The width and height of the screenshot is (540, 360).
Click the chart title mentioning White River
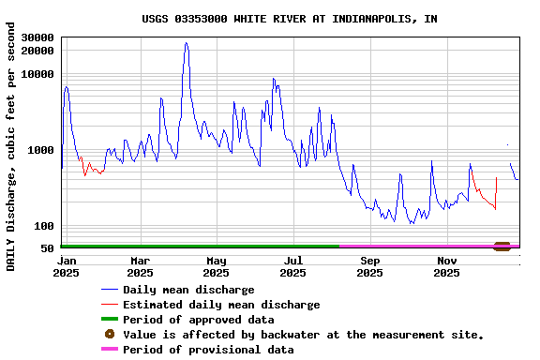[x=289, y=19]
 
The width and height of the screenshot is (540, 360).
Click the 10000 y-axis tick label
[x=37, y=74]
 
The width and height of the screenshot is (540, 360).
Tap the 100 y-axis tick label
[x=44, y=226]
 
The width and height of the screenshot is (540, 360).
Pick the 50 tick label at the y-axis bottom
[x=47, y=248]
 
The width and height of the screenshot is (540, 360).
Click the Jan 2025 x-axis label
[x=67, y=266]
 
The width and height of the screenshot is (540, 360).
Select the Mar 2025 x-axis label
[x=141, y=266]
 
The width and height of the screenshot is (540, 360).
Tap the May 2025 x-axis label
[x=217, y=266]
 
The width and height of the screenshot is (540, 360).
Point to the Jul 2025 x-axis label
[x=293, y=266]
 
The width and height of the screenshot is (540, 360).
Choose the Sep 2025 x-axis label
[x=370, y=266]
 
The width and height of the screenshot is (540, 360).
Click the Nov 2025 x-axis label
[x=447, y=266]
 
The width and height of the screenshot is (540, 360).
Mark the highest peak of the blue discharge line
[x=186, y=43]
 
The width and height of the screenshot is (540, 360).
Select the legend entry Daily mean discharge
[x=188, y=290]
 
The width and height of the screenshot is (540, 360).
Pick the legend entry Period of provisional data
[x=208, y=350]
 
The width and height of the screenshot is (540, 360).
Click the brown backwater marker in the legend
[x=110, y=335]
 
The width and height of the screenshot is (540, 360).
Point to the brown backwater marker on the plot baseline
[x=502, y=247]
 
